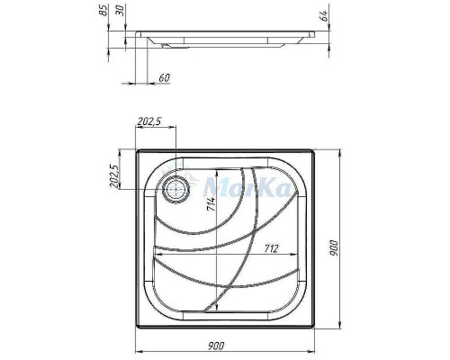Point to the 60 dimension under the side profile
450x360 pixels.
tap(163, 77)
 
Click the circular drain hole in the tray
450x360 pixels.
tap(175, 188)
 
